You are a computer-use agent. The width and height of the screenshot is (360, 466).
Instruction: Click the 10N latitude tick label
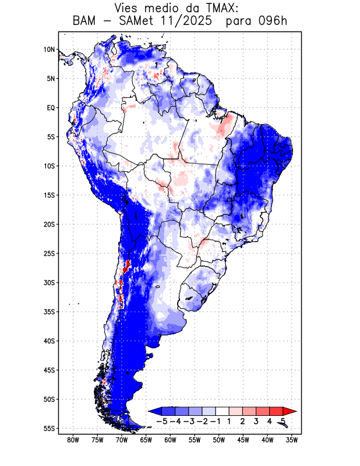49,50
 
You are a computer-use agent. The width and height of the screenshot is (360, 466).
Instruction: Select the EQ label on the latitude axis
51,108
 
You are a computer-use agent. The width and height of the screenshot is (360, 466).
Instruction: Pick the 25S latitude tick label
49,253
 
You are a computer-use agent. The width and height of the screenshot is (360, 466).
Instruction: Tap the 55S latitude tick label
49,428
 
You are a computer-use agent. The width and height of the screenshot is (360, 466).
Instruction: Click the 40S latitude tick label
49,341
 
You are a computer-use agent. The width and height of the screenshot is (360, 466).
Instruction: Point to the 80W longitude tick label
73,440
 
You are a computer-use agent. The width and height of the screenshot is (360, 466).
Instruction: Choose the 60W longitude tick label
170,440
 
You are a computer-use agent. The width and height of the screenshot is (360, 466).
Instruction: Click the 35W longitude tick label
292,440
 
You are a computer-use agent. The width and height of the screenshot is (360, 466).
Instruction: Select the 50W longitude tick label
219,440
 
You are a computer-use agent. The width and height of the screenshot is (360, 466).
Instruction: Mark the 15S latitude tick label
49,195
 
